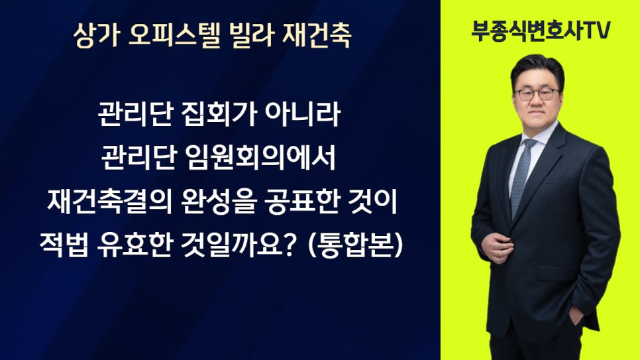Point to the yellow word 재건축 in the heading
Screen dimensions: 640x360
tap(317, 35)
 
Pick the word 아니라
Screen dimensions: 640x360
tap(303, 114)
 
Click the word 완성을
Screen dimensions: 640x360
tap(218, 202)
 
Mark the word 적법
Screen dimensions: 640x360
tap(64, 245)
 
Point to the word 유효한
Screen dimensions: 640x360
tap(134, 245)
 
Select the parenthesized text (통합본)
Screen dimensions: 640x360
tap(355, 245)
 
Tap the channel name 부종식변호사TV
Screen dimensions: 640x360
tap(541, 30)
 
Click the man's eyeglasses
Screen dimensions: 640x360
tap(537, 94)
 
